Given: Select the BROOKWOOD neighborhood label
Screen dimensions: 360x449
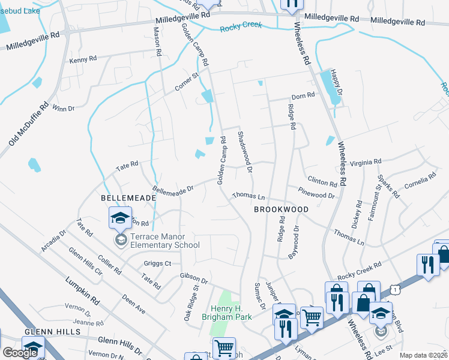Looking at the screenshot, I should point(281,209).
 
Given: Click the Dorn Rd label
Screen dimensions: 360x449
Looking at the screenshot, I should point(303,96).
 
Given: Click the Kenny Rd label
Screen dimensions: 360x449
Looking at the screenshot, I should point(83,60).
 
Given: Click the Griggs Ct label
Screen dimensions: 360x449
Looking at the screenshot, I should point(158,263).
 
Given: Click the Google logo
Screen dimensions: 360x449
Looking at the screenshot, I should point(20,352).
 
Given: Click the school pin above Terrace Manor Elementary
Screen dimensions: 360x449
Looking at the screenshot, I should point(120,217).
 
